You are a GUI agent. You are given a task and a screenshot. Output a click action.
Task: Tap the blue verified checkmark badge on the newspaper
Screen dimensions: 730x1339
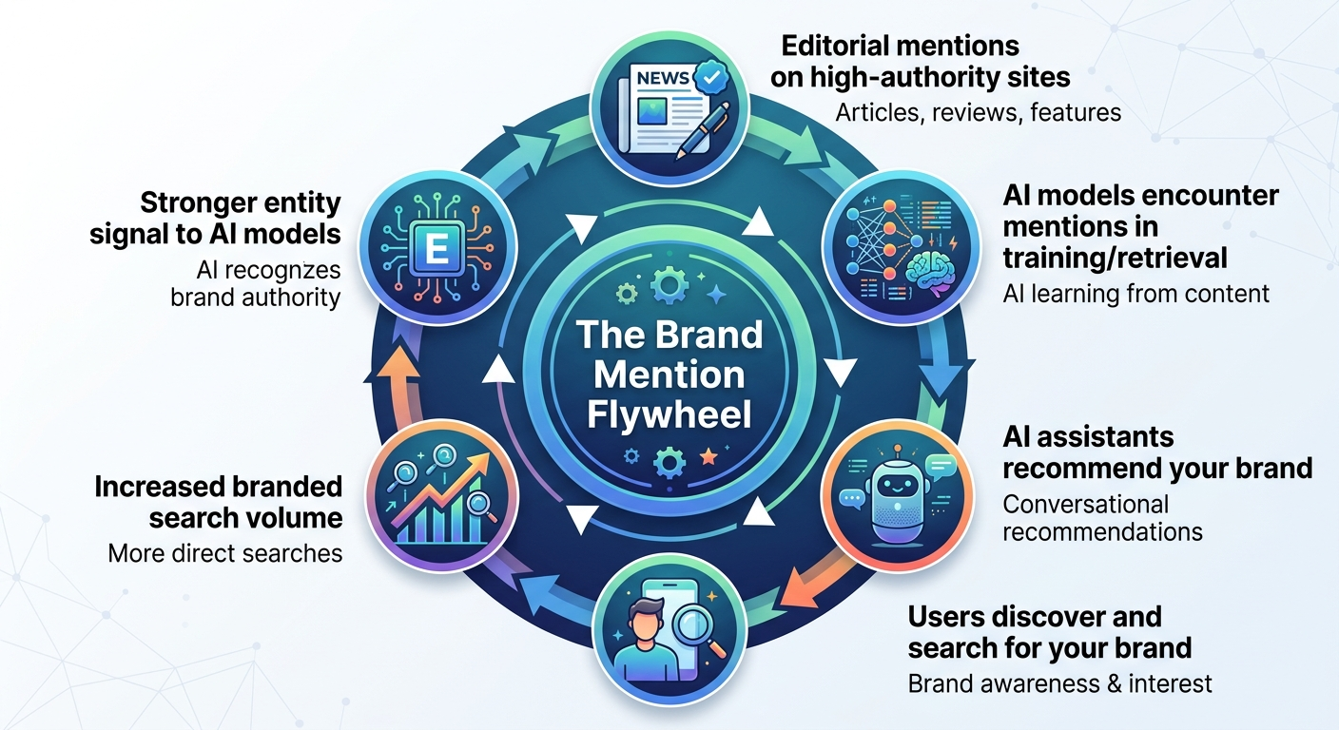pyautogui.click(x=708, y=75)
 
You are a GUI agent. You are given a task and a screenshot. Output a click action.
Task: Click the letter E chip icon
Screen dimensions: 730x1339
pyautogui.click(x=438, y=251)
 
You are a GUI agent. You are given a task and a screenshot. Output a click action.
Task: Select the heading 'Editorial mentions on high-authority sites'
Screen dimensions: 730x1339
pyautogui.click(x=920, y=61)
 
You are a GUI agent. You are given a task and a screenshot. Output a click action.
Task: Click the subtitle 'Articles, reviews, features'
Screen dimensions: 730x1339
pyautogui.click(x=978, y=112)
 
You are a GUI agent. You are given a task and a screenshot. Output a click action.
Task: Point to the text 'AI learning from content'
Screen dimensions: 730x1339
pyautogui.click(x=1135, y=293)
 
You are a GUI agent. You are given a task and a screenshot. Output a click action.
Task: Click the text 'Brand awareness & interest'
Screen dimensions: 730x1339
pyautogui.click(x=1059, y=682)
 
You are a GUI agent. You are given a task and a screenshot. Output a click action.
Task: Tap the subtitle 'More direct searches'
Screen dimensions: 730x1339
pyautogui.click(x=224, y=552)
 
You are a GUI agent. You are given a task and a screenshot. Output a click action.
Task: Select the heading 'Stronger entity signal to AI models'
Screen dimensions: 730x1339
pyautogui.click(x=215, y=218)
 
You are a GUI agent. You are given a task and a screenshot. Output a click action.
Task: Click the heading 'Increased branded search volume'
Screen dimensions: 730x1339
pyautogui.click(x=218, y=502)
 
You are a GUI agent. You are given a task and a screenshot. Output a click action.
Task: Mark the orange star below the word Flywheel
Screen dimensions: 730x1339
pyautogui.click(x=707, y=458)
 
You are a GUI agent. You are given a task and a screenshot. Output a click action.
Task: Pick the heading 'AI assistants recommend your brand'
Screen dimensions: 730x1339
pyautogui.click(x=1156, y=452)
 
